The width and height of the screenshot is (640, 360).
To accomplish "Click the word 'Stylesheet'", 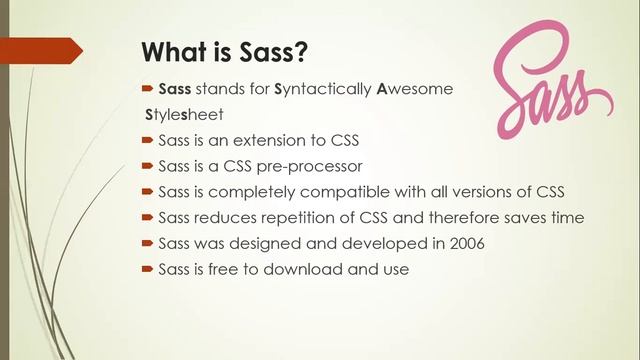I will point(182,114).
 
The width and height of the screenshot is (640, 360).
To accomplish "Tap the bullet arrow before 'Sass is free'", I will point(147,269).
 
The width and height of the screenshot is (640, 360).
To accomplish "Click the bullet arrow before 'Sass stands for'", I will point(147,88).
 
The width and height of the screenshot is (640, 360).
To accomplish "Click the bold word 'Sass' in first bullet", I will point(175,88).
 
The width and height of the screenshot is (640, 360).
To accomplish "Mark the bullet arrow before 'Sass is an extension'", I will point(147,139).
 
